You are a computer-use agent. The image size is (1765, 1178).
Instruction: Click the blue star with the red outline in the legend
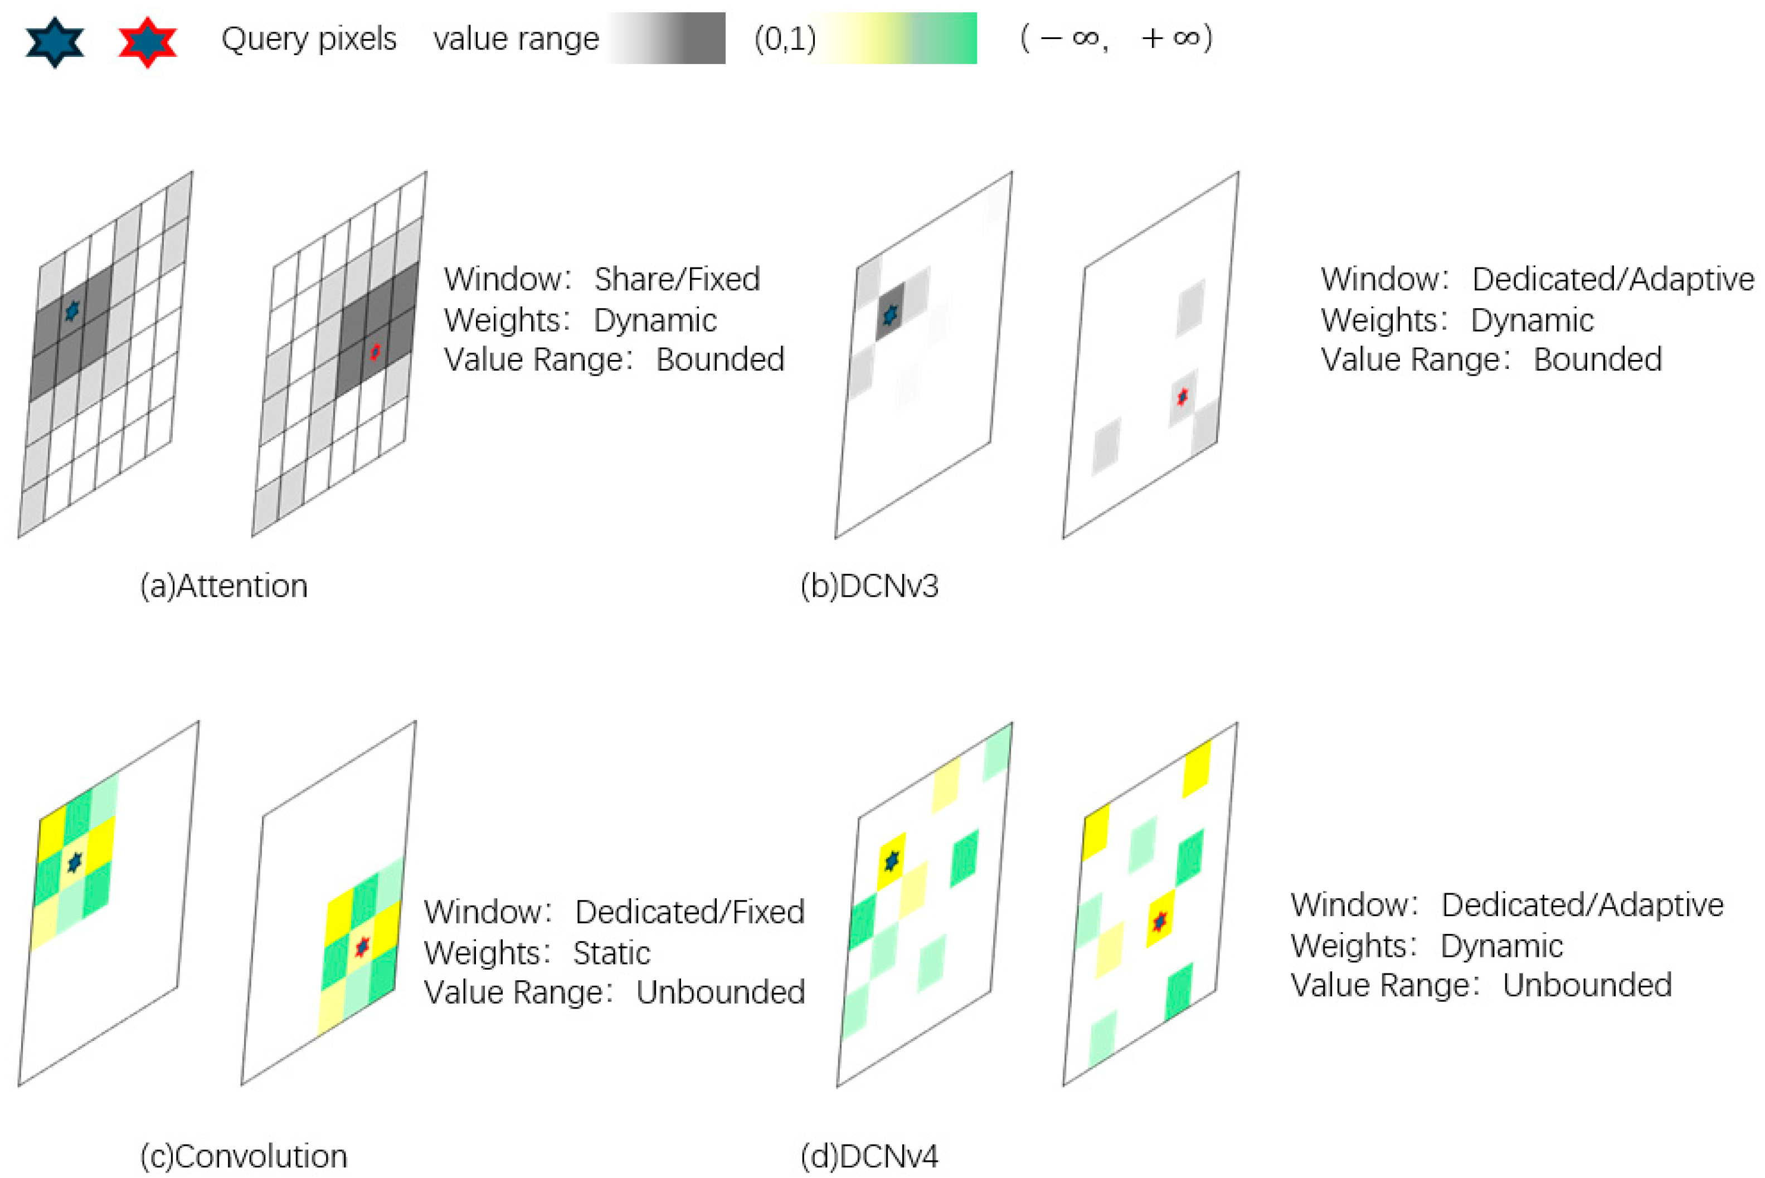click(147, 41)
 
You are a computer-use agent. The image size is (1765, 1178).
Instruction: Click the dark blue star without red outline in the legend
click(55, 41)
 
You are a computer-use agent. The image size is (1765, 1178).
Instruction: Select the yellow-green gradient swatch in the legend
click(896, 38)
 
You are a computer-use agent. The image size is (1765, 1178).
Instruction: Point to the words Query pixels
click(309, 38)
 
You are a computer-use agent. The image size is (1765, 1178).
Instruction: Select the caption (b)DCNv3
click(869, 586)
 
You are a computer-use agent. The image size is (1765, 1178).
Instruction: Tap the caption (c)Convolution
click(244, 1156)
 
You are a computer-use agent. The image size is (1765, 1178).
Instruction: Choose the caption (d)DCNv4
click(869, 1156)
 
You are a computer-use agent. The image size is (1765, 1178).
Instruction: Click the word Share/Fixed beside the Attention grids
click(677, 280)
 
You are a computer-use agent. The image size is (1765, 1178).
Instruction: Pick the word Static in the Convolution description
click(611, 953)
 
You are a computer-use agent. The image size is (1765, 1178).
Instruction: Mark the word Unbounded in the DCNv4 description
click(1587, 985)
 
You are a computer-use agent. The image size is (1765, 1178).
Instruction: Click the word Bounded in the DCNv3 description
click(1597, 360)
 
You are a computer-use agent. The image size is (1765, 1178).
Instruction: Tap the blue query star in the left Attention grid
click(72, 309)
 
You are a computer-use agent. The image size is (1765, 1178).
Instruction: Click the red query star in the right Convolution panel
click(362, 947)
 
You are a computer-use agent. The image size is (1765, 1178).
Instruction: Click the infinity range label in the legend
click(1116, 38)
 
